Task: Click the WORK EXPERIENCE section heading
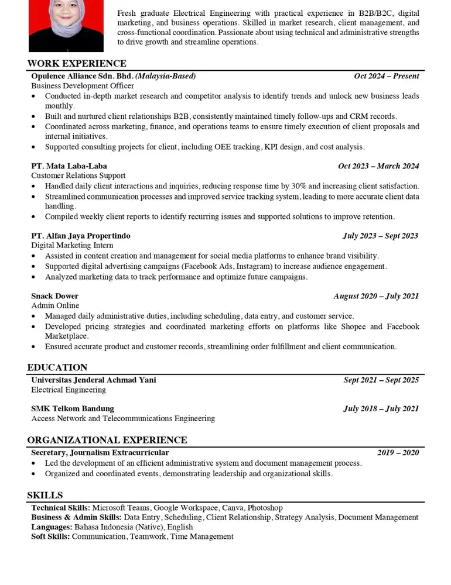click(x=77, y=64)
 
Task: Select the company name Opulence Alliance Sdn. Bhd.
click(x=83, y=76)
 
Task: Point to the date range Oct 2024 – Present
click(x=387, y=76)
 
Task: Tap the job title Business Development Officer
click(x=83, y=86)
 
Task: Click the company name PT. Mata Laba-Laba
click(x=69, y=166)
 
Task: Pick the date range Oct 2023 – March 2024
click(x=378, y=166)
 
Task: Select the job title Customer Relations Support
click(x=78, y=175)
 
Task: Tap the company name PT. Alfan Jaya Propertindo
click(x=81, y=236)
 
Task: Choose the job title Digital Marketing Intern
click(x=72, y=246)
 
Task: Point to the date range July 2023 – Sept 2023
click(x=381, y=236)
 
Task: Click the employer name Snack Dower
click(x=54, y=296)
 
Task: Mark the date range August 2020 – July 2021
click(x=376, y=296)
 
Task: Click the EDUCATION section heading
click(x=57, y=367)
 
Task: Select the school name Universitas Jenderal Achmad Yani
click(x=94, y=380)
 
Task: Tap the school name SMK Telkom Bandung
click(x=73, y=409)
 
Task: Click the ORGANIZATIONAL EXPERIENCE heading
click(x=107, y=440)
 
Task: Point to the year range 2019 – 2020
click(x=398, y=453)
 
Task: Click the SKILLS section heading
click(x=45, y=495)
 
